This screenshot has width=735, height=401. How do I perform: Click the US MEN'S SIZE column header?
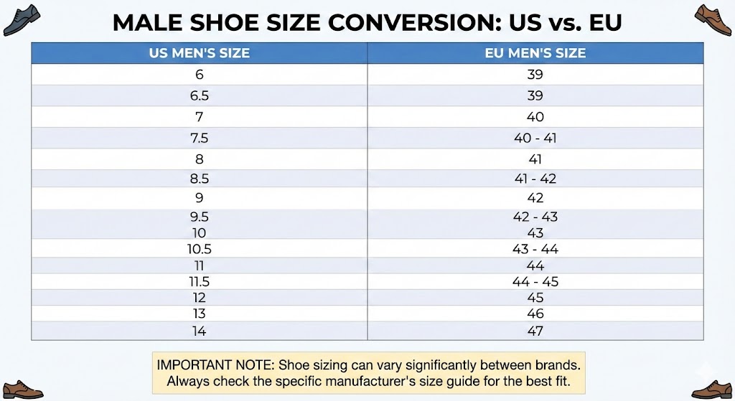[x=199, y=53]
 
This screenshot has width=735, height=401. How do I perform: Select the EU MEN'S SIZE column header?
[x=535, y=53]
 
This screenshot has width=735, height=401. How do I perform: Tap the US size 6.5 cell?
[x=199, y=95]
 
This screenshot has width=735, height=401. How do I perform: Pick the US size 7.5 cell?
[x=199, y=138]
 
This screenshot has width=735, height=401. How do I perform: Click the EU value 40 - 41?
[x=535, y=138]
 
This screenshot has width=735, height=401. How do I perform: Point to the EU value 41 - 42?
[x=535, y=179]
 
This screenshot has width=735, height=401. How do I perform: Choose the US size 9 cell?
[x=199, y=197]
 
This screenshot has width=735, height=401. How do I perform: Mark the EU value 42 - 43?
[x=535, y=217]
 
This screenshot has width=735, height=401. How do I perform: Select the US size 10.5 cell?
[x=199, y=249]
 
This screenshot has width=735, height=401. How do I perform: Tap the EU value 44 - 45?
[x=535, y=282]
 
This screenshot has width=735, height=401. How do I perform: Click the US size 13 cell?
[x=199, y=313]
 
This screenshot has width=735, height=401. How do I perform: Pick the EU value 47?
[x=535, y=331]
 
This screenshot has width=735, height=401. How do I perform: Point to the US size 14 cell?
[x=199, y=331]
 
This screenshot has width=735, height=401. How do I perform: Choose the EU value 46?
[x=535, y=313]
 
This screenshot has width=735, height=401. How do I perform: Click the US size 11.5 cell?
[x=199, y=282]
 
